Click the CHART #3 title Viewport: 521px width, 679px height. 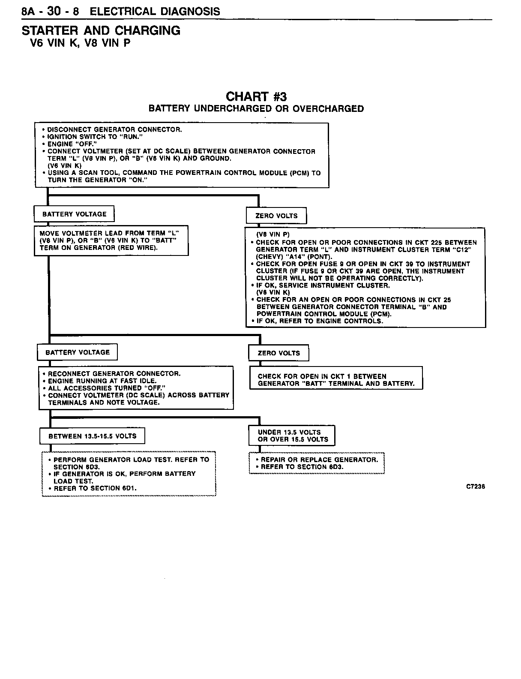[256, 96]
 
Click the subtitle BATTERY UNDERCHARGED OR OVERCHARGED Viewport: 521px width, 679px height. [256, 109]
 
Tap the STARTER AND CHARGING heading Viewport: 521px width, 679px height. [101, 31]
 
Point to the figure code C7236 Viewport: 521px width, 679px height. [476, 487]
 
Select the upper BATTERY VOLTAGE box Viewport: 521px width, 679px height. [74, 214]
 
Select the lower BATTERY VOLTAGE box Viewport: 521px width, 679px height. [78, 352]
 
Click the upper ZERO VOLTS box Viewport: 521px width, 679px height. [276, 216]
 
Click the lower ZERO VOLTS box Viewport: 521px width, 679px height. [278, 353]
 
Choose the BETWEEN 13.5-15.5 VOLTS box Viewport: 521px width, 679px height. [92, 436]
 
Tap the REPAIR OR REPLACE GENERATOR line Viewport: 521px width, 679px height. [319, 460]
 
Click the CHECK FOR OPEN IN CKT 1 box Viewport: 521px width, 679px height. [336, 380]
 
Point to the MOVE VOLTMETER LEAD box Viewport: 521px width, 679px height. [111, 240]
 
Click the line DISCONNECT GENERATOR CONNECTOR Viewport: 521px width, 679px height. [114, 129]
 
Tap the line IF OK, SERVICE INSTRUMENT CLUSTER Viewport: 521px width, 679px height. [323, 285]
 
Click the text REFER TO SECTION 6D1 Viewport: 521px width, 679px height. [95, 488]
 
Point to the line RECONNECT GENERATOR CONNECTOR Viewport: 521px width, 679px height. [114, 374]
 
